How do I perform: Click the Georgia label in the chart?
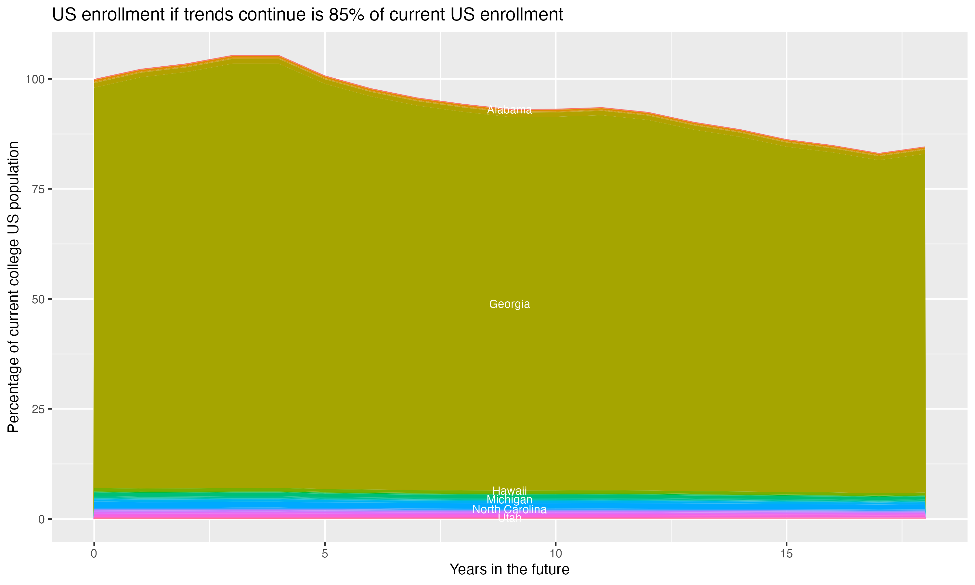tap(509, 304)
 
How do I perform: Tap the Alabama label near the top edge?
tap(509, 110)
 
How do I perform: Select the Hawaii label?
tap(509, 491)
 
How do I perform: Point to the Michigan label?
tap(509, 500)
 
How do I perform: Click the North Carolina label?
tap(509, 510)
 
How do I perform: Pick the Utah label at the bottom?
tap(509, 518)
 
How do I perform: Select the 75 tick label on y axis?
tap(37, 189)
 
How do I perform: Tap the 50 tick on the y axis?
tap(37, 299)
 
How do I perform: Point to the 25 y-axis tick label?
tap(37, 409)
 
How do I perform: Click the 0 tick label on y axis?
tap(41, 519)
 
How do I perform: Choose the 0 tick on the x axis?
tap(94, 554)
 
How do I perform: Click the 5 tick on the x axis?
tap(325, 554)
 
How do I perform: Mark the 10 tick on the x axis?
tap(555, 554)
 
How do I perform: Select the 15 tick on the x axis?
tap(786, 554)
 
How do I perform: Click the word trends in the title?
tap(207, 15)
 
